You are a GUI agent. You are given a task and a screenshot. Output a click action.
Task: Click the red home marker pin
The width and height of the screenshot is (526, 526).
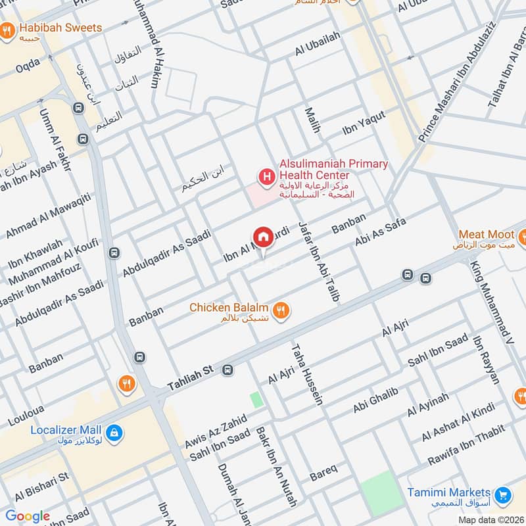point(262,237)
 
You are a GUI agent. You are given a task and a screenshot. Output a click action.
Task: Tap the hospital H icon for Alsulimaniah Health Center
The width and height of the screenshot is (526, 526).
point(266,176)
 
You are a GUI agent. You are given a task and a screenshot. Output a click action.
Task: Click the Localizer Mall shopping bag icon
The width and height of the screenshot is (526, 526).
point(114,432)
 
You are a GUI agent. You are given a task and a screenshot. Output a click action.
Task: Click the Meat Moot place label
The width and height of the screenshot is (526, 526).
point(486,234)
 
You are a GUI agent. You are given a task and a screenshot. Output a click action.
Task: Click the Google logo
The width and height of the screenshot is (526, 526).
point(28,516)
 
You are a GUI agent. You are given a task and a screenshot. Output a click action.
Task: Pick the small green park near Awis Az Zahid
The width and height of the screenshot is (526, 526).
point(256,399)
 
